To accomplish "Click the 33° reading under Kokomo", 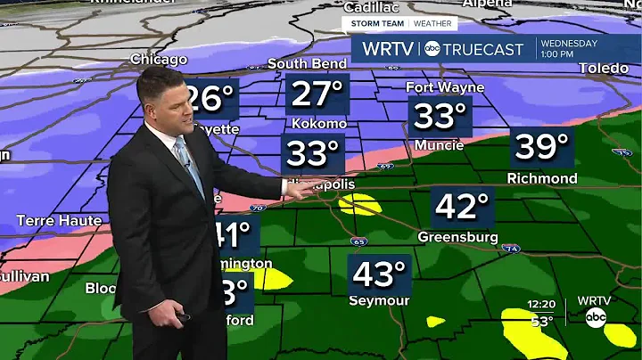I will pyautogui.click(x=312, y=154).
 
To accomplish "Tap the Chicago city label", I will pyautogui.click(x=159, y=60).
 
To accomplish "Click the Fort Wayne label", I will pyautogui.click(x=445, y=87).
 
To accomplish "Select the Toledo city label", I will pyautogui.click(x=604, y=69).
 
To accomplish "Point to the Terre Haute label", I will pyautogui.click(x=59, y=220).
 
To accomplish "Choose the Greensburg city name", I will pyautogui.click(x=458, y=237).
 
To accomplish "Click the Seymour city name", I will pyautogui.click(x=380, y=300).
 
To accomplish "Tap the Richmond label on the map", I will pyautogui.click(x=542, y=178).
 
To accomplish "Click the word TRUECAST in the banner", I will pyautogui.click(x=489, y=50).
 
